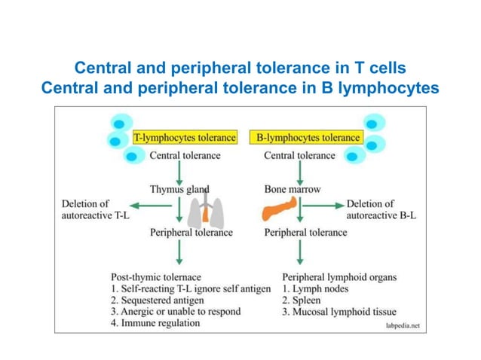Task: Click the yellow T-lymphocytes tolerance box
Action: tap(185, 138)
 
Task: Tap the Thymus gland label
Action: tap(179, 189)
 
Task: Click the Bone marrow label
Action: tap(292, 189)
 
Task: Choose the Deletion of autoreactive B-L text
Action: tap(381, 209)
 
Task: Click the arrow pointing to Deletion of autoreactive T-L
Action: tap(147, 204)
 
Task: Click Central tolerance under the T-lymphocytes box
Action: tap(185, 156)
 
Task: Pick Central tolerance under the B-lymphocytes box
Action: tap(299, 156)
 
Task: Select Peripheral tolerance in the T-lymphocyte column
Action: tap(191, 233)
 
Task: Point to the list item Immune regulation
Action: tap(155, 323)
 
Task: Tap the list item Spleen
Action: tap(302, 300)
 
